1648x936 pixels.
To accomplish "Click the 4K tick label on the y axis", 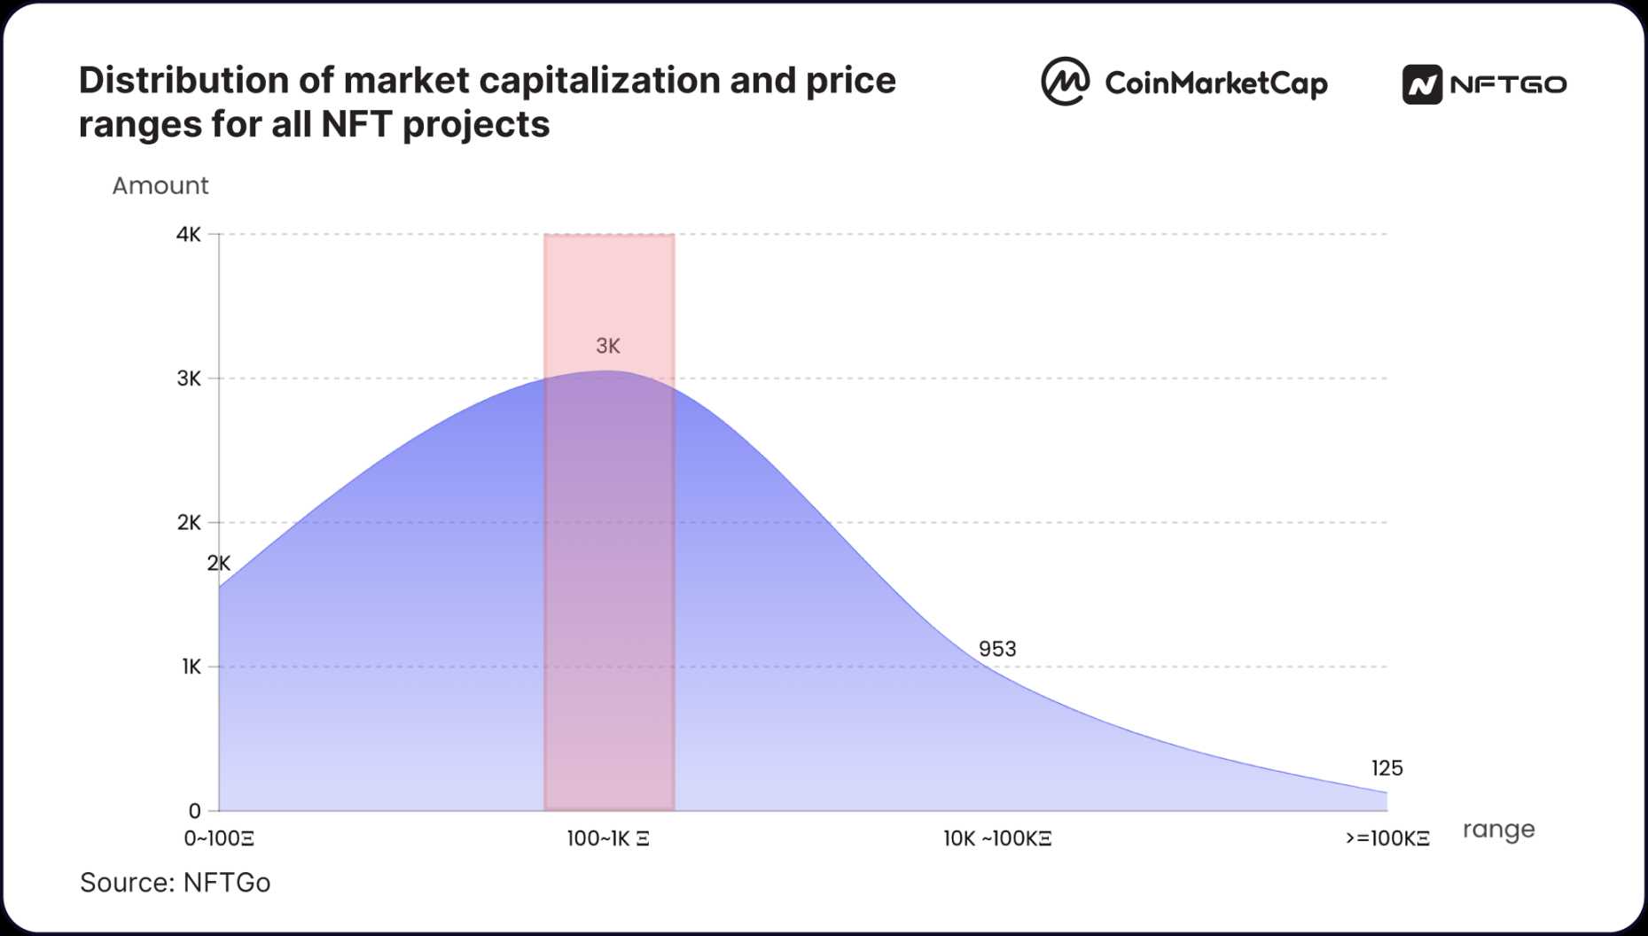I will tap(188, 235).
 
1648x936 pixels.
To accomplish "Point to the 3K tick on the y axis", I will tap(189, 378).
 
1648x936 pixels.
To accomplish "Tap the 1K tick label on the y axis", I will tap(191, 667).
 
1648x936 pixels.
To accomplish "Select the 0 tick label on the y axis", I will tap(194, 810).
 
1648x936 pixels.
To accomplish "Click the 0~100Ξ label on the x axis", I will tap(219, 838).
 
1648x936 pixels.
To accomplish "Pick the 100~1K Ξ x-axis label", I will tap(608, 838).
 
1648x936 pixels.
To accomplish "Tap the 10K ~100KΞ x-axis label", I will tap(997, 838).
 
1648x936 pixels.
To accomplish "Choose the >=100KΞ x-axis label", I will tap(1387, 838).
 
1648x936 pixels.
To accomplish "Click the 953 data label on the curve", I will tap(997, 649).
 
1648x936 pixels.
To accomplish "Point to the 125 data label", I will tap(1386, 768).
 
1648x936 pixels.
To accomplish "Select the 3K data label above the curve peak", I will tap(608, 346).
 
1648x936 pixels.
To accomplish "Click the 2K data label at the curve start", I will tap(219, 563).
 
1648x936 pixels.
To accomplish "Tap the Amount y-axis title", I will tap(160, 185).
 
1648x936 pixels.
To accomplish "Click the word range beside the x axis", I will tap(1498, 830).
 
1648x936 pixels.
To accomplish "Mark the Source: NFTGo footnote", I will tap(175, 883).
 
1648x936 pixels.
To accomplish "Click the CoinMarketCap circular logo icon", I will tap(1065, 82).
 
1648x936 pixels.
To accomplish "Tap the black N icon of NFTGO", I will tap(1422, 85).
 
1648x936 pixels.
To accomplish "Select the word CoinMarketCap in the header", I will tap(1215, 83).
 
